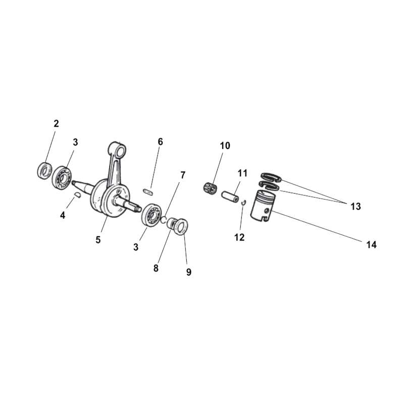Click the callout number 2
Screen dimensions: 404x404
point(56,123)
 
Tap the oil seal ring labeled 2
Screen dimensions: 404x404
point(44,170)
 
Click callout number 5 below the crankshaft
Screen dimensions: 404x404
point(98,239)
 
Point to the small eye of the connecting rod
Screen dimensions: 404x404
point(120,151)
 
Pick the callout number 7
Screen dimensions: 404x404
point(183,175)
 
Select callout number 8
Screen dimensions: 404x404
point(156,268)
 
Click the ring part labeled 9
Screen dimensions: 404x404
point(181,226)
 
